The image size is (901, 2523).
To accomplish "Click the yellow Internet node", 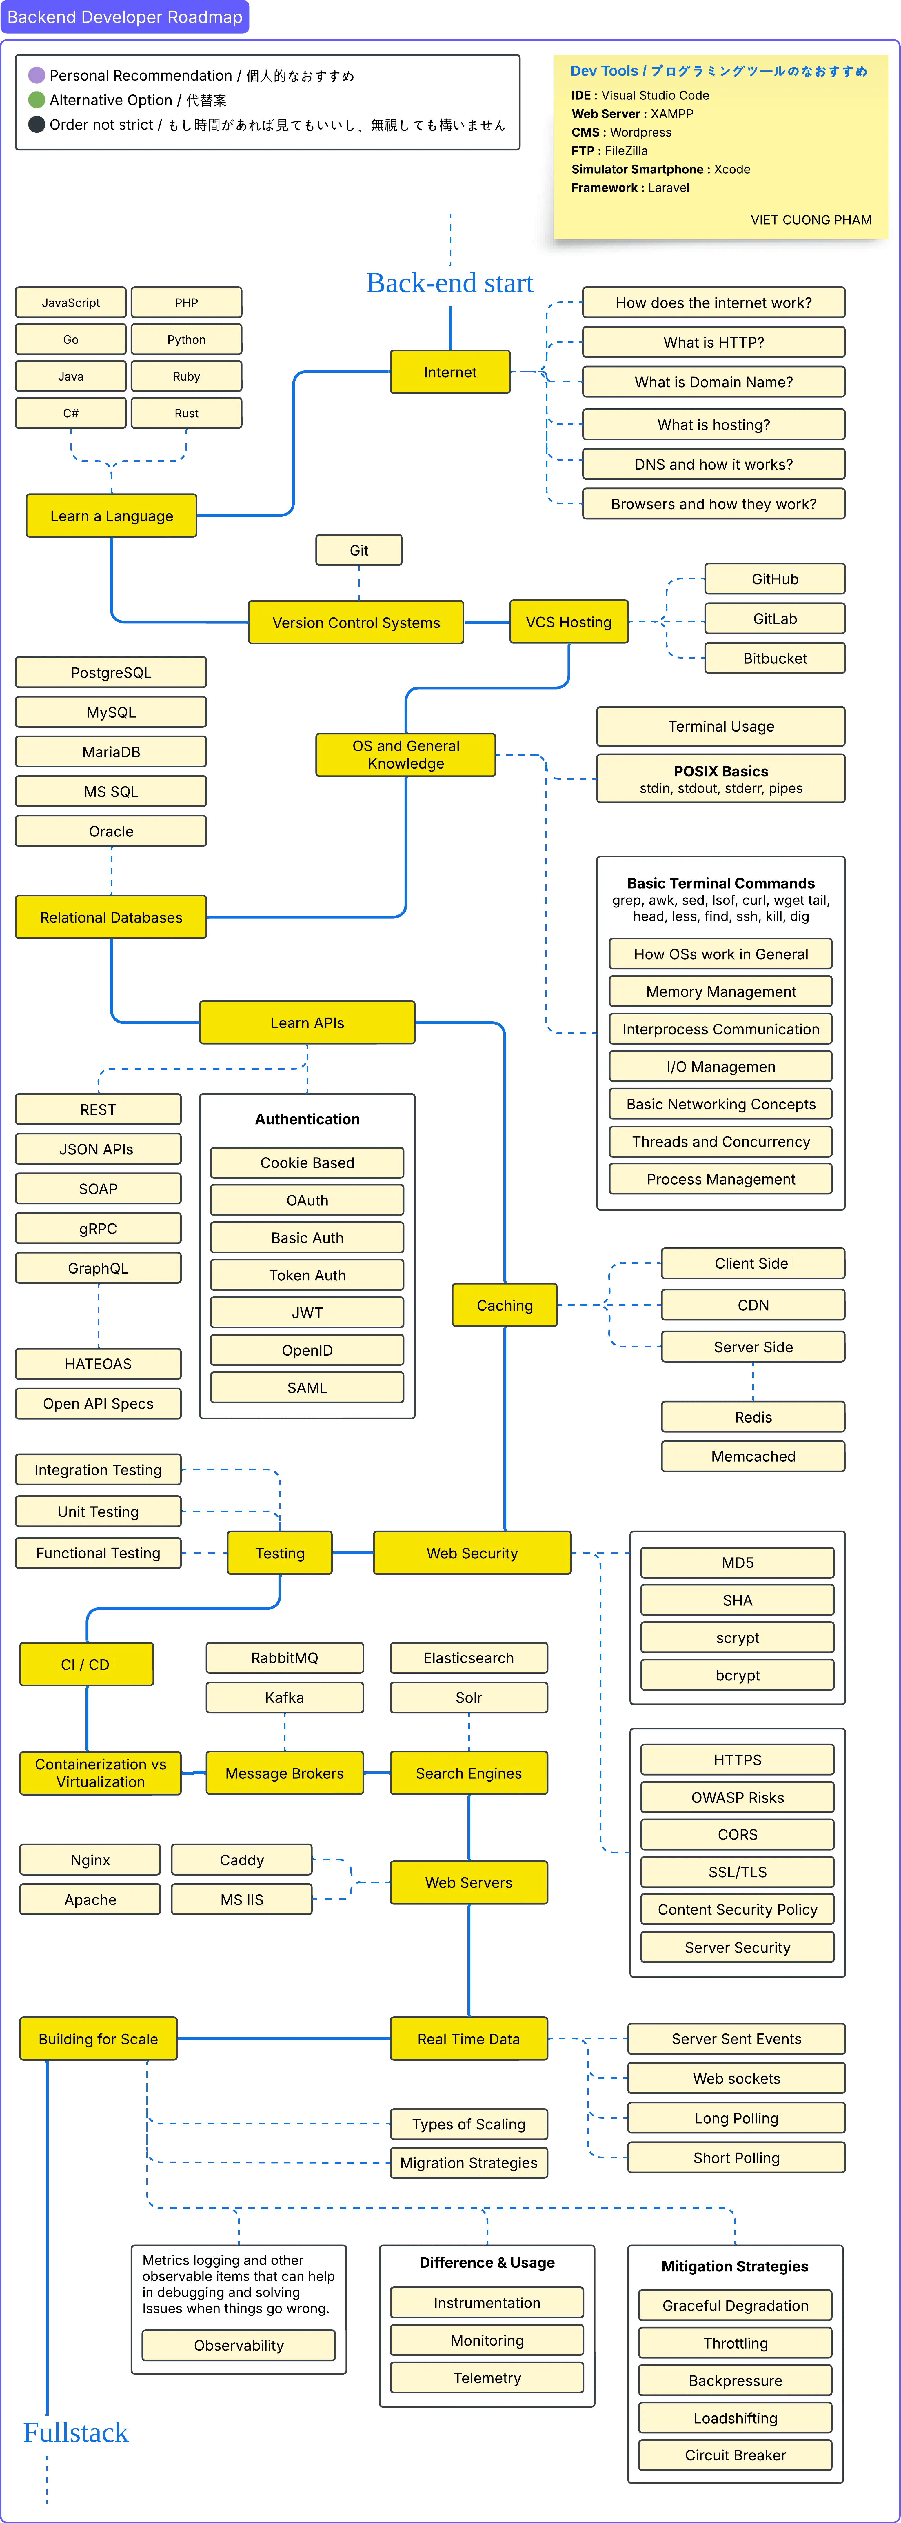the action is click(x=449, y=372).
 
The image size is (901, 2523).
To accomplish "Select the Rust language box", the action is click(x=186, y=413).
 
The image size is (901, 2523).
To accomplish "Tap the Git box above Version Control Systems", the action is click(x=358, y=550).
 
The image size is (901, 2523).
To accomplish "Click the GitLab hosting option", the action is click(x=775, y=619).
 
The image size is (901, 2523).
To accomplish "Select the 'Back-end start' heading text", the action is click(x=449, y=283).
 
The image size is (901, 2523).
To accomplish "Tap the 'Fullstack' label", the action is click(x=75, y=2433).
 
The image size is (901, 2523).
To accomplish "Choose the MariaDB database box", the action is click(x=111, y=752).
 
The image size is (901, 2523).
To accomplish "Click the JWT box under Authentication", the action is click(x=307, y=1312).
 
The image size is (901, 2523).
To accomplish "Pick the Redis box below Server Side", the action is click(x=753, y=1417).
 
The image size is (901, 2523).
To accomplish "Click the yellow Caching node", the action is click(x=504, y=1306).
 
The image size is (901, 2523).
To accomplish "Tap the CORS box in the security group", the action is click(x=738, y=1834).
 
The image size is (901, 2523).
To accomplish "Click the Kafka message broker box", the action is click(x=284, y=1697).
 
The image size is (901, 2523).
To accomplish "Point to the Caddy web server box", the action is click(x=242, y=1860).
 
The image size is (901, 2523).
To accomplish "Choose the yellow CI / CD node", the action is click(x=86, y=1664).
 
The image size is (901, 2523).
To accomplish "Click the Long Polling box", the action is click(x=736, y=2118).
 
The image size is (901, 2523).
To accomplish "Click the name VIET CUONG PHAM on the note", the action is click(x=811, y=220).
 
